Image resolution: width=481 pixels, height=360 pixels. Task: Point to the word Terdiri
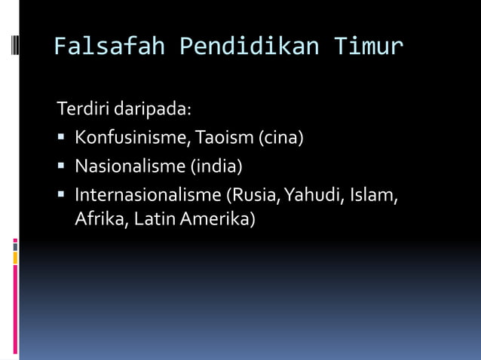click(84, 109)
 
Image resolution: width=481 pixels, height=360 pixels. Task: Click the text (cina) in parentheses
click(281, 138)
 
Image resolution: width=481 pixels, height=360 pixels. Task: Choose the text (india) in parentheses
click(216, 166)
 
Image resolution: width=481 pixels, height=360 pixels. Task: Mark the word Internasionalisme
click(148, 194)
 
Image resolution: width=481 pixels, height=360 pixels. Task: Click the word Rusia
click(255, 194)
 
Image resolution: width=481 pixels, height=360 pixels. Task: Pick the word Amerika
click(219, 220)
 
